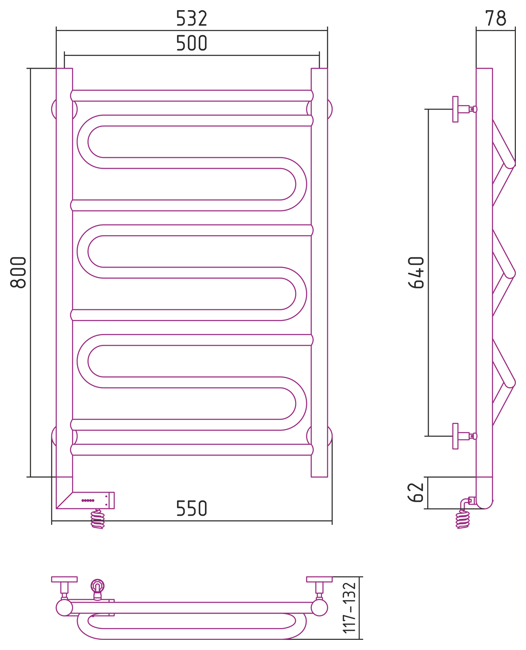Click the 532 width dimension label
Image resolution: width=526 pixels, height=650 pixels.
tap(191, 18)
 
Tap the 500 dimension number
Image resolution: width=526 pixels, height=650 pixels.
tap(191, 43)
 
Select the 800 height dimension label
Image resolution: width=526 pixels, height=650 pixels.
tap(18, 272)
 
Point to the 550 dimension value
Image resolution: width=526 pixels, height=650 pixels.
tap(191, 508)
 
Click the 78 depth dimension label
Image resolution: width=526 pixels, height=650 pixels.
tap(496, 18)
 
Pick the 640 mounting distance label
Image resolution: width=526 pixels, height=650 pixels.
tap(416, 273)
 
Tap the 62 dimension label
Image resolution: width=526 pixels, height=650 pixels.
tap(416, 492)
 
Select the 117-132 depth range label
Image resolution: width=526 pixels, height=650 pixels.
tap(349, 607)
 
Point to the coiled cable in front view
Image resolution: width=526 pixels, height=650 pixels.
tap(97, 519)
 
